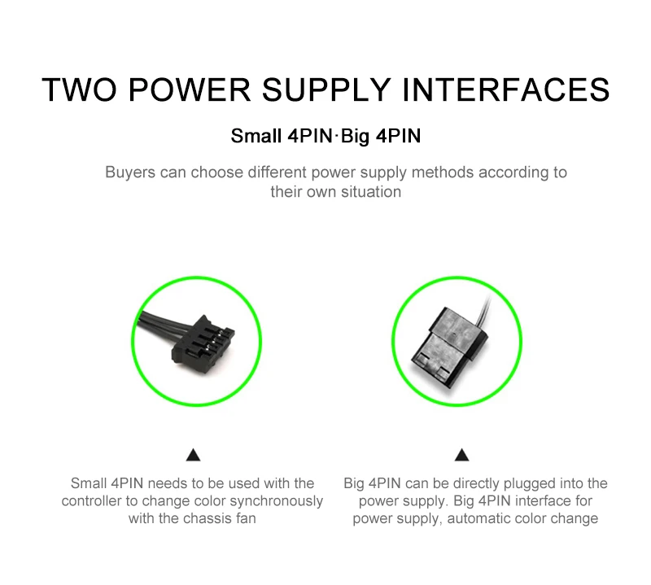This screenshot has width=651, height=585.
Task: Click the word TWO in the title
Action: point(79,89)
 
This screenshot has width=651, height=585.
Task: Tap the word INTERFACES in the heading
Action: point(506,89)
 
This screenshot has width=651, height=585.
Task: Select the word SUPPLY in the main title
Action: point(326,89)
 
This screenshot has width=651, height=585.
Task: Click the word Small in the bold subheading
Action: point(256,136)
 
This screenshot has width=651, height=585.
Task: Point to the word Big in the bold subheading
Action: point(355,136)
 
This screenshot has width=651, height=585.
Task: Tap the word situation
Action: point(371,192)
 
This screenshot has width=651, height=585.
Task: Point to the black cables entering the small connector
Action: point(160,325)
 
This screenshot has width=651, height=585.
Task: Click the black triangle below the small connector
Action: point(193,456)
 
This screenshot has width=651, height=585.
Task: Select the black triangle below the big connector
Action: point(461,456)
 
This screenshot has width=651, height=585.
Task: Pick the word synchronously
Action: point(276,501)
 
